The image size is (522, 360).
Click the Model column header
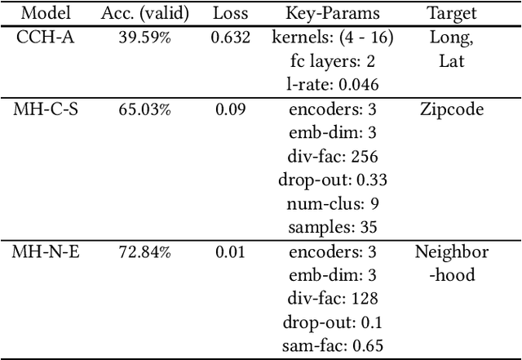coord(44,14)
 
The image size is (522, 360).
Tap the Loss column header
coord(230,14)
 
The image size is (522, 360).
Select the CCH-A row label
coord(44,38)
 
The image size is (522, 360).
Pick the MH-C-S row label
coord(44,109)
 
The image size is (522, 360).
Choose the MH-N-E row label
coord(44,251)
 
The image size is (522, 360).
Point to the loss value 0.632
coord(230,38)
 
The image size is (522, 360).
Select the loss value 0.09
coord(230,109)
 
